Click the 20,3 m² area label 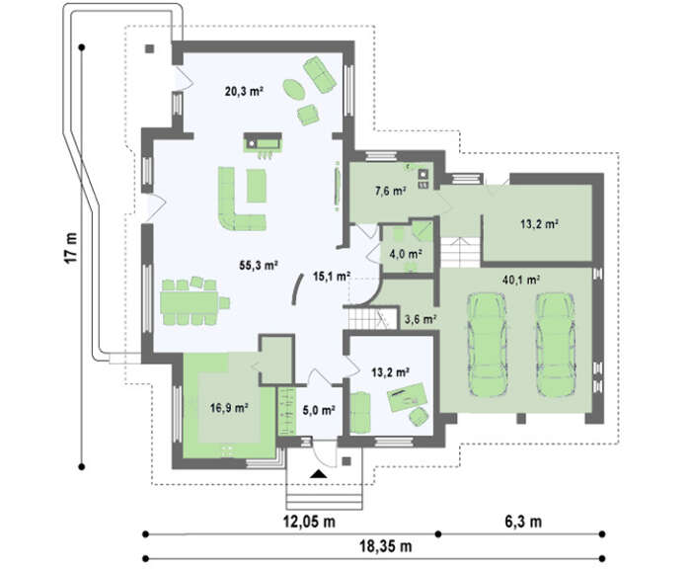(x=244, y=91)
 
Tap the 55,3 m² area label (x=259, y=265)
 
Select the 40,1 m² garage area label (x=521, y=280)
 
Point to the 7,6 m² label (x=391, y=191)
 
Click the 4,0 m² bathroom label (x=406, y=254)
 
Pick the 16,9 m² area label (x=229, y=408)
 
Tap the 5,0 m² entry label (x=319, y=410)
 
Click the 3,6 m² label (x=421, y=319)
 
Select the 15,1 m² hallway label (x=332, y=277)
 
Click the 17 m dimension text (x=71, y=247)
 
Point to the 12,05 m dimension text (x=309, y=522)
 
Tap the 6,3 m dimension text (x=523, y=522)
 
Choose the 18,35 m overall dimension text (x=386, y=546)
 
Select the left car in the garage (x=486, y=345)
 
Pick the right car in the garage (x=555, y=345)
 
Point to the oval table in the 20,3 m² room (x=293, y=90)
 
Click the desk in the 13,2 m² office (x=407, y=396)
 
